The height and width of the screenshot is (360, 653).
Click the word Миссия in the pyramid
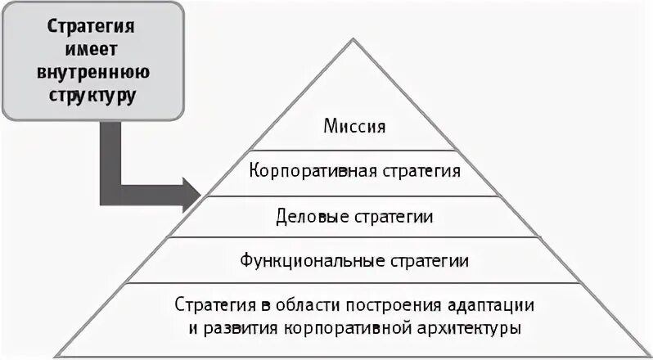(354, 127)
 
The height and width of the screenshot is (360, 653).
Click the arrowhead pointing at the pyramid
(190, 195)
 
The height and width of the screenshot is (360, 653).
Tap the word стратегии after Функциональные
(428, 262)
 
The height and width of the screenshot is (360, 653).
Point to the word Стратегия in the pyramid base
(209, 305)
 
